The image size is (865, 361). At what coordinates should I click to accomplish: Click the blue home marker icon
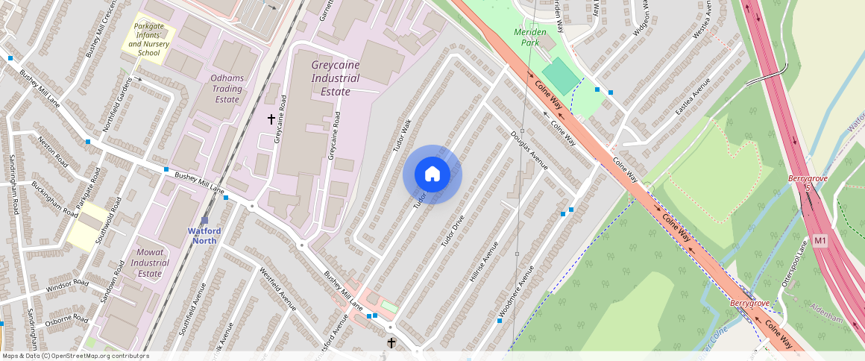(x=432, y=175)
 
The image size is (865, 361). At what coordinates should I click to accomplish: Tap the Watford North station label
(x=204, y=235)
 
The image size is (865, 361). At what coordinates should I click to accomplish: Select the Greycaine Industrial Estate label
(x=335, y=78)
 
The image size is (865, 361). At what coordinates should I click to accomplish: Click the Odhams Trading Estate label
(x=227, y=89)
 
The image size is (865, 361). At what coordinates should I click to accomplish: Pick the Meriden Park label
(x=530, y=37)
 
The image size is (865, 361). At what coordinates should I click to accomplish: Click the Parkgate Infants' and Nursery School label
(x=149, y=40)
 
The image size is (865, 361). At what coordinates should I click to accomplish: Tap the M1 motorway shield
(x=820, y=241)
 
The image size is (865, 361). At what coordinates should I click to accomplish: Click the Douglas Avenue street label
(x=529, y=151)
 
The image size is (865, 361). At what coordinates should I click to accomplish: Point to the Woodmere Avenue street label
(x=517, y=288)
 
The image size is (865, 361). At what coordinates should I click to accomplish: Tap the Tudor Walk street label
(x=402, y=136)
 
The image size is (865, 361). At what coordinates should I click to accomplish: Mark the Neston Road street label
(x=53, y=152)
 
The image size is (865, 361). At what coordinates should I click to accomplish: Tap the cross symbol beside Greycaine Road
(x=271, y=119)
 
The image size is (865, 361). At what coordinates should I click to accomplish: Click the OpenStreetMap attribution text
(x=75, y=356)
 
